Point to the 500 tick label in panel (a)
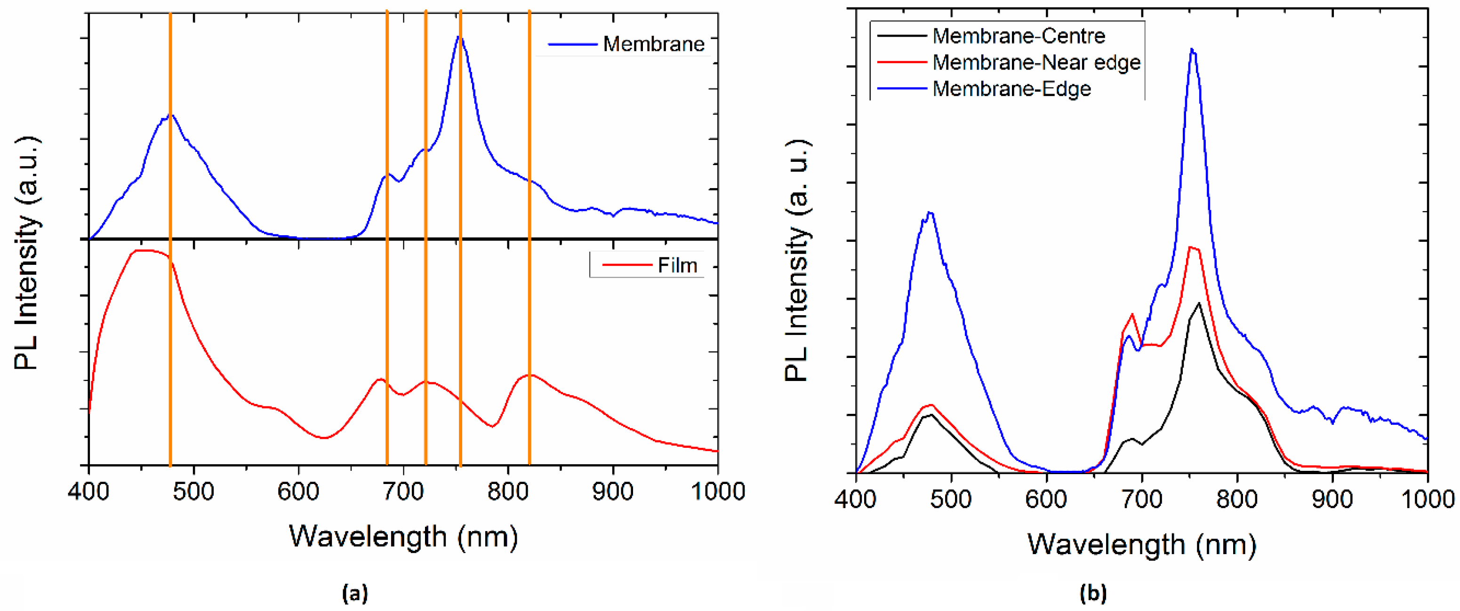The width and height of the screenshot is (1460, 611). [x=194, y=492]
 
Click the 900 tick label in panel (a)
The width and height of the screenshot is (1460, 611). [x=613, y=492]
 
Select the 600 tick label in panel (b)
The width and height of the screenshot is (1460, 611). [x=1046, y=500]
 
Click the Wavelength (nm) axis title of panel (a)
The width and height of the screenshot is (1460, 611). [x=403, y=536]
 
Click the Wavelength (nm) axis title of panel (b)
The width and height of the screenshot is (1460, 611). [x=1141, y=545]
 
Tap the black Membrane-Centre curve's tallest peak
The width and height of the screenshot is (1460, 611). [x=1199, y=303]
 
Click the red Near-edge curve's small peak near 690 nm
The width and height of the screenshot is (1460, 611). [x=1132, y=314]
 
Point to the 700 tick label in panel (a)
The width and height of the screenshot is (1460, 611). [x=403, y=492]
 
